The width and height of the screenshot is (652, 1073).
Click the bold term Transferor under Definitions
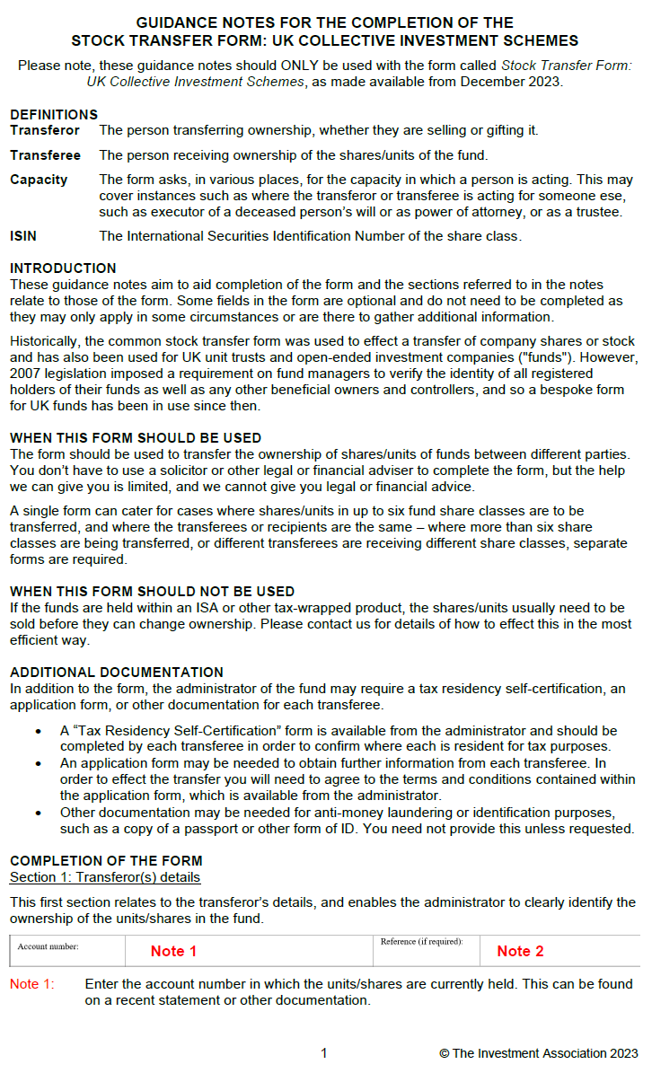click(45, 130)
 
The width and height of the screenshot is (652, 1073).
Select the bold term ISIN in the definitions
click(23, 236)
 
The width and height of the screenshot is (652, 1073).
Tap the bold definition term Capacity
click(39, 180)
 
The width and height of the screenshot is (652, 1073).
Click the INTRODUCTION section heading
click(63, 268)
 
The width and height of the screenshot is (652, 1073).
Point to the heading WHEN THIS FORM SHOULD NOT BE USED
click(152, 592)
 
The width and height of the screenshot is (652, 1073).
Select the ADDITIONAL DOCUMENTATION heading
click(116, 673)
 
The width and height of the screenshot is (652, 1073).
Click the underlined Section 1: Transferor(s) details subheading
click(105, 876)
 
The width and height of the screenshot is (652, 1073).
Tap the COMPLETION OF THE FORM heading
click(106, 860)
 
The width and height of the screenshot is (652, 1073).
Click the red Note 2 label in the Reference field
click(520, 951)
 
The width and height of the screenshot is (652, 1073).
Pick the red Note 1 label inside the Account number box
click(173, 951)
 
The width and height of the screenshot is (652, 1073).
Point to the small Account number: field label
click(48, 946)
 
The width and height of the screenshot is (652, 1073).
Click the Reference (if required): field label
click(421, 942)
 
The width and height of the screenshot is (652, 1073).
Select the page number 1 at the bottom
click(324, 1053)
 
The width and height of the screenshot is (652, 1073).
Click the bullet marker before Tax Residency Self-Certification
click(39, 731)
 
